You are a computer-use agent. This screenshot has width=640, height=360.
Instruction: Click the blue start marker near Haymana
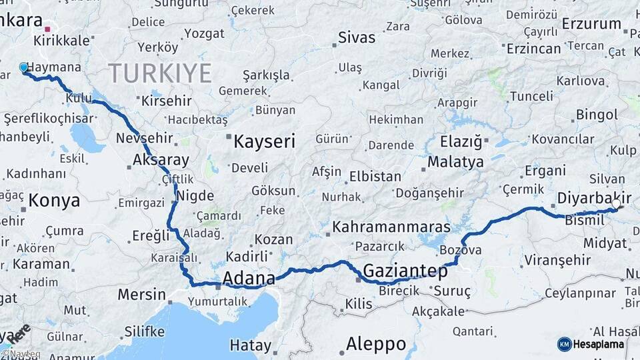[x=23, y=67]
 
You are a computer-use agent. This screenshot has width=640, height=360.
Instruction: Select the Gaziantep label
[x=405, y=271]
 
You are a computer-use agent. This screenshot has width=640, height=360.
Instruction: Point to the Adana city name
[x=249, y=278]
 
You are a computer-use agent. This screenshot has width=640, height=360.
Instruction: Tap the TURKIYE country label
[x=160, y=72]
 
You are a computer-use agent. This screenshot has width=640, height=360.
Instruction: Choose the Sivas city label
[x=357, y=37]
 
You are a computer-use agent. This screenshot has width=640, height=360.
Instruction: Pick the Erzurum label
[x=591, y=24]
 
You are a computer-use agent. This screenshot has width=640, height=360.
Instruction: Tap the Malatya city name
[x=455, y=162]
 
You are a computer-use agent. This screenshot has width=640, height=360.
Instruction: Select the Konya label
[x=54, y=200]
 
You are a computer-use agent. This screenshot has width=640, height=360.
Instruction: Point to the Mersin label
[x=141, y=294]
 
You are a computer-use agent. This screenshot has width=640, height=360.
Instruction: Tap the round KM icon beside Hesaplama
[x=565, y=344]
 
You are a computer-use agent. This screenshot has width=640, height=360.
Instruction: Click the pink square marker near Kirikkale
[x=47, y=29]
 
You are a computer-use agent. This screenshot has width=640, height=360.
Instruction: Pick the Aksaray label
[x=161, y=160]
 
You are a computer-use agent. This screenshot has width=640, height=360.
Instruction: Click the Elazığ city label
[x=461, y=141]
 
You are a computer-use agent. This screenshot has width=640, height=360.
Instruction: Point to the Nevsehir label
[x=144, y=139]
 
